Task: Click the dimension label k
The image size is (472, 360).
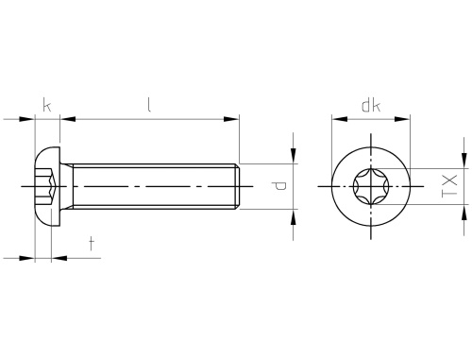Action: [47, 105]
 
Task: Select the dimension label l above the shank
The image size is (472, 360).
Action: [149, 105]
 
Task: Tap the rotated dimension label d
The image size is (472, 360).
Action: [279, 186]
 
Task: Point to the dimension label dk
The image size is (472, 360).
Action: [371, 106]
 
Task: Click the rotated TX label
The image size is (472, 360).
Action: [449, 186]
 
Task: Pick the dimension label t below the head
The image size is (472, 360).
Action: [92, 244]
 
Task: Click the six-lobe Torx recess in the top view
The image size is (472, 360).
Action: [371, 186]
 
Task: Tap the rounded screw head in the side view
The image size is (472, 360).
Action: [47, 186]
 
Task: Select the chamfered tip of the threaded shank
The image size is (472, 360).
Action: [238, 186]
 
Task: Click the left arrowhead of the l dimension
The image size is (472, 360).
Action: [68, 119]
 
